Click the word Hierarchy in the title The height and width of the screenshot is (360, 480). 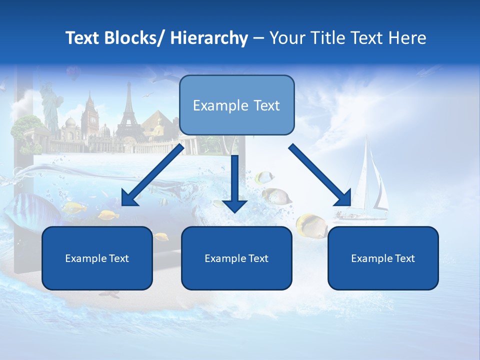coord(209,38)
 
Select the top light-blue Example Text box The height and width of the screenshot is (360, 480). coord(236,105)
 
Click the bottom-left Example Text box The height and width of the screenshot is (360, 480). coord(97,258)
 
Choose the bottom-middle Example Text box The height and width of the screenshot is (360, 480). coord(236,258)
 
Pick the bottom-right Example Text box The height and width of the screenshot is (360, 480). coord(383,258)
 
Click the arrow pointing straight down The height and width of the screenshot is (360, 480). coord(234,185)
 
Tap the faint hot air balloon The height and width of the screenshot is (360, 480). coord(73,74)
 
